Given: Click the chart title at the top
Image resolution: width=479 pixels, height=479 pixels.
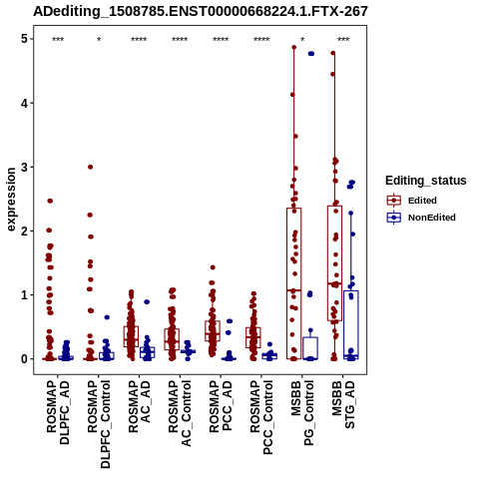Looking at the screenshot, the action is coord(201,12).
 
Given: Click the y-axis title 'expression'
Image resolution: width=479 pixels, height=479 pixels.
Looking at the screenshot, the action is coord(11,200).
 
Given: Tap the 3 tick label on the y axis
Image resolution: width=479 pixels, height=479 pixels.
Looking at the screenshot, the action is coord(24,167).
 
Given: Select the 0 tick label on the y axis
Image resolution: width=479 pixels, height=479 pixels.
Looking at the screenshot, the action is coord(24,359).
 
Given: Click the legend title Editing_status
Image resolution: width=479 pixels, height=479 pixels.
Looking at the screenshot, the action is coord(426,181).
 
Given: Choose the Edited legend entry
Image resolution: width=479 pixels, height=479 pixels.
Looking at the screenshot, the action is coord(412,201).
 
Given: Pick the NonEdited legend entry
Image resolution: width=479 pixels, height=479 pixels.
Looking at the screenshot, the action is coord(421,218).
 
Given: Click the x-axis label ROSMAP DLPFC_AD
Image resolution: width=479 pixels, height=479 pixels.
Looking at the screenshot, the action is coord(58,413).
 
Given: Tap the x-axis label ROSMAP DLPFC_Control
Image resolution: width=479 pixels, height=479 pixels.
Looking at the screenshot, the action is coord(99,424).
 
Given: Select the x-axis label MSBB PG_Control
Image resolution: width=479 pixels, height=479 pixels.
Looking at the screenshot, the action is coord(302,413).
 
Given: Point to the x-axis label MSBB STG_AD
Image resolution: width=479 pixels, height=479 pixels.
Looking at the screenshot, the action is coord(343,404).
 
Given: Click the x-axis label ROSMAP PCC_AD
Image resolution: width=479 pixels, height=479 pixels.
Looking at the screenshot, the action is coord(221,406).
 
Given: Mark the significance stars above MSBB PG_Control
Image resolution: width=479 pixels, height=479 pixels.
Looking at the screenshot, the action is coord(302,40).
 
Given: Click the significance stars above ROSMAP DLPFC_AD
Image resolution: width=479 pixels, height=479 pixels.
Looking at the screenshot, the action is coord(58,40).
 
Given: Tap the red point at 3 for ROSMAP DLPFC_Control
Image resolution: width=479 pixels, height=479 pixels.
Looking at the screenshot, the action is coord(90,167).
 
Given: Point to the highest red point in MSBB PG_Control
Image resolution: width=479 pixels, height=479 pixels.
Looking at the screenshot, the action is coord(294,47).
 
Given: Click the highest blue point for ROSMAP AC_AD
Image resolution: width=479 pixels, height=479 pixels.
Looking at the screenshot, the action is coord(147,302).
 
